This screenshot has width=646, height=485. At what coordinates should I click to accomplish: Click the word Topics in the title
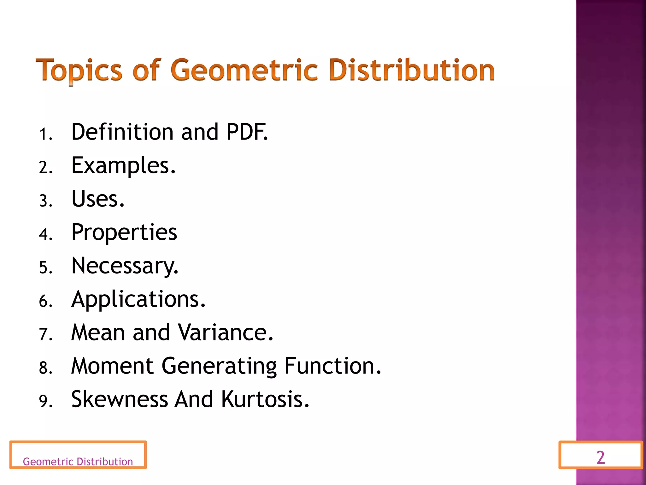(79, 70)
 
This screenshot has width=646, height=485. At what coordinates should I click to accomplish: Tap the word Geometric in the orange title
(244, 70)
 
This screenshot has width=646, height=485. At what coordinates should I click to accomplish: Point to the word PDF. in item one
(247, 132)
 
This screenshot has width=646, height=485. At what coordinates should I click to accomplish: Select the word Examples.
(123, 165)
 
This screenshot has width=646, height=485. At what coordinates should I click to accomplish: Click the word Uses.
(98, 199)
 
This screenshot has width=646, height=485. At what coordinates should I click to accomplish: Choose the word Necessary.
(125, 266)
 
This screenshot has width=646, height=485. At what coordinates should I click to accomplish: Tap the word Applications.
(138, 299)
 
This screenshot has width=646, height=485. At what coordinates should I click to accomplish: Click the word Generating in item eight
(219, 366)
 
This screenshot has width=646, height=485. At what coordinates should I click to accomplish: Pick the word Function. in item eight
(333, 366)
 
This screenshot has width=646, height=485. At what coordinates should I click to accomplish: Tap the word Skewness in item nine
(120, 399)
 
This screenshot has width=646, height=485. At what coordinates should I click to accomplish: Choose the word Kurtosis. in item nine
(265, 399)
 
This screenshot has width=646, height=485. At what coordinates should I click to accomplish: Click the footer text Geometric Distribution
(78, 462)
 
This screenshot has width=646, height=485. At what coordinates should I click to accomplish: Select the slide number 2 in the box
(601, 458)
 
